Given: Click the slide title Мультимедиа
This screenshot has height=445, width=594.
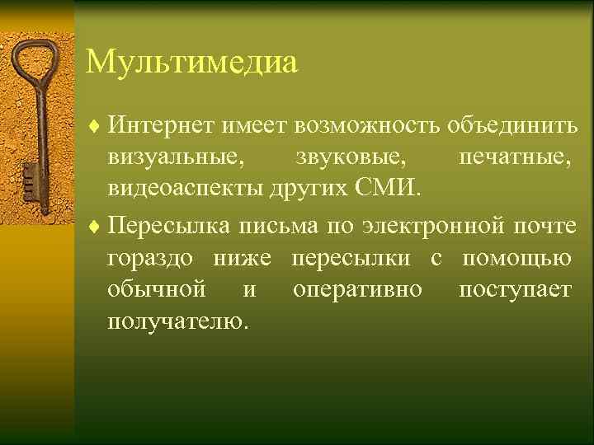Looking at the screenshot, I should tap(191, 63).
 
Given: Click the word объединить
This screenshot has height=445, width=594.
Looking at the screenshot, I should tap(511, 125).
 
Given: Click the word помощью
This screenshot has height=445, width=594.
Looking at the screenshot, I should tap(516, 258).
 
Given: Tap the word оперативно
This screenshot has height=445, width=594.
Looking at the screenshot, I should tap(356, 289).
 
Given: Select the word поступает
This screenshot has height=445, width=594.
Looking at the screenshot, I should tap(515, 289).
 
